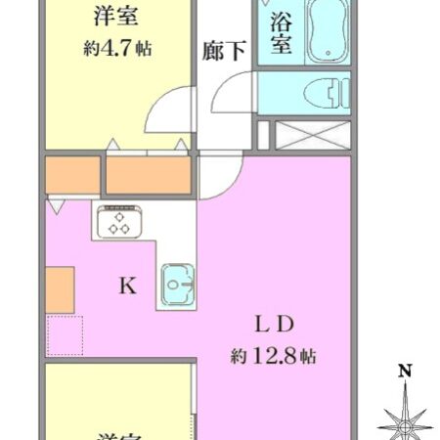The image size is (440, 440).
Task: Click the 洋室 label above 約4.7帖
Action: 115,17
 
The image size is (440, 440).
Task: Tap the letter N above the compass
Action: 404,372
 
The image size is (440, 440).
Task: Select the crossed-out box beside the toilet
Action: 311,135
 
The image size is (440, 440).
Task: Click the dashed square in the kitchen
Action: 65,335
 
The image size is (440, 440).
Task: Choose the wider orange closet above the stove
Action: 147,176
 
